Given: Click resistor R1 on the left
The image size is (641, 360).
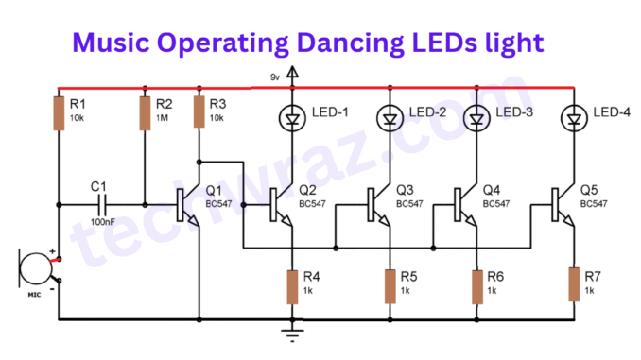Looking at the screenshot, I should [x=58, y=111].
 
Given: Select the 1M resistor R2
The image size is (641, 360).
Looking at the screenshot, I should [x=145, y=111].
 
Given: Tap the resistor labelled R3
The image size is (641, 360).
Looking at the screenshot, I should [x=199, y=111].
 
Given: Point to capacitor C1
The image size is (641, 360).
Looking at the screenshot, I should [x=101, y=203].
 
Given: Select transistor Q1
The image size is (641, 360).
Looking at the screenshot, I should [x=188, y=203].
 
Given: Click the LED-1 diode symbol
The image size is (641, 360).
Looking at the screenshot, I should [x=292, y=117].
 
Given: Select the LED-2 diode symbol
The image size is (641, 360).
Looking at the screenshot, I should [x=389, y=117].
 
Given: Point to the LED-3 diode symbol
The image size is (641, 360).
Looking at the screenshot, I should [x=476, y=117].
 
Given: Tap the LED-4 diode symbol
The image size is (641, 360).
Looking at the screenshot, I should [x=573, y=117].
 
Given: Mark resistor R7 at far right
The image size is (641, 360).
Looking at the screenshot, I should [x=573, y=283].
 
